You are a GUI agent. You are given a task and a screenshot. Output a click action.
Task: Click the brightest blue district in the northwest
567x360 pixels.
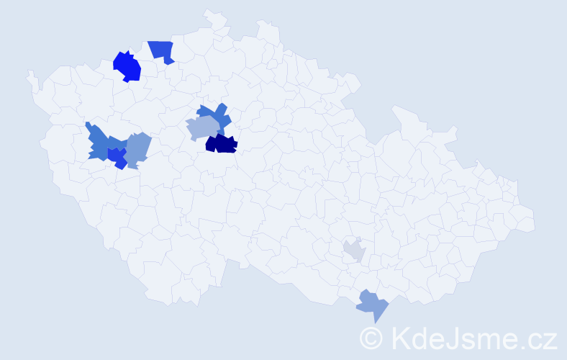(127, 66)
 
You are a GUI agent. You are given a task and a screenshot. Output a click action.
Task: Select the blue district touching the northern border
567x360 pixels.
(162, 51)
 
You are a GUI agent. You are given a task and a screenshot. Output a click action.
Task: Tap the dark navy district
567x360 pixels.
(222, 144)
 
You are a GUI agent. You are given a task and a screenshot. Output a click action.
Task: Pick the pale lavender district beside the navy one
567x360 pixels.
(202, 128)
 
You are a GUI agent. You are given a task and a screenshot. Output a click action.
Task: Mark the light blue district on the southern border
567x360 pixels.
(372, 305)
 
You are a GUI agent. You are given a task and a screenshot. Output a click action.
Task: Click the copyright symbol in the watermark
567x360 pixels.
(372, 338)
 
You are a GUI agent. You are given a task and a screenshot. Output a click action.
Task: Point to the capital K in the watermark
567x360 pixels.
(400, 338)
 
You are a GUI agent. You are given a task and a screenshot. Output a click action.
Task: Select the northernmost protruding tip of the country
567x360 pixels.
(209, 12)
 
